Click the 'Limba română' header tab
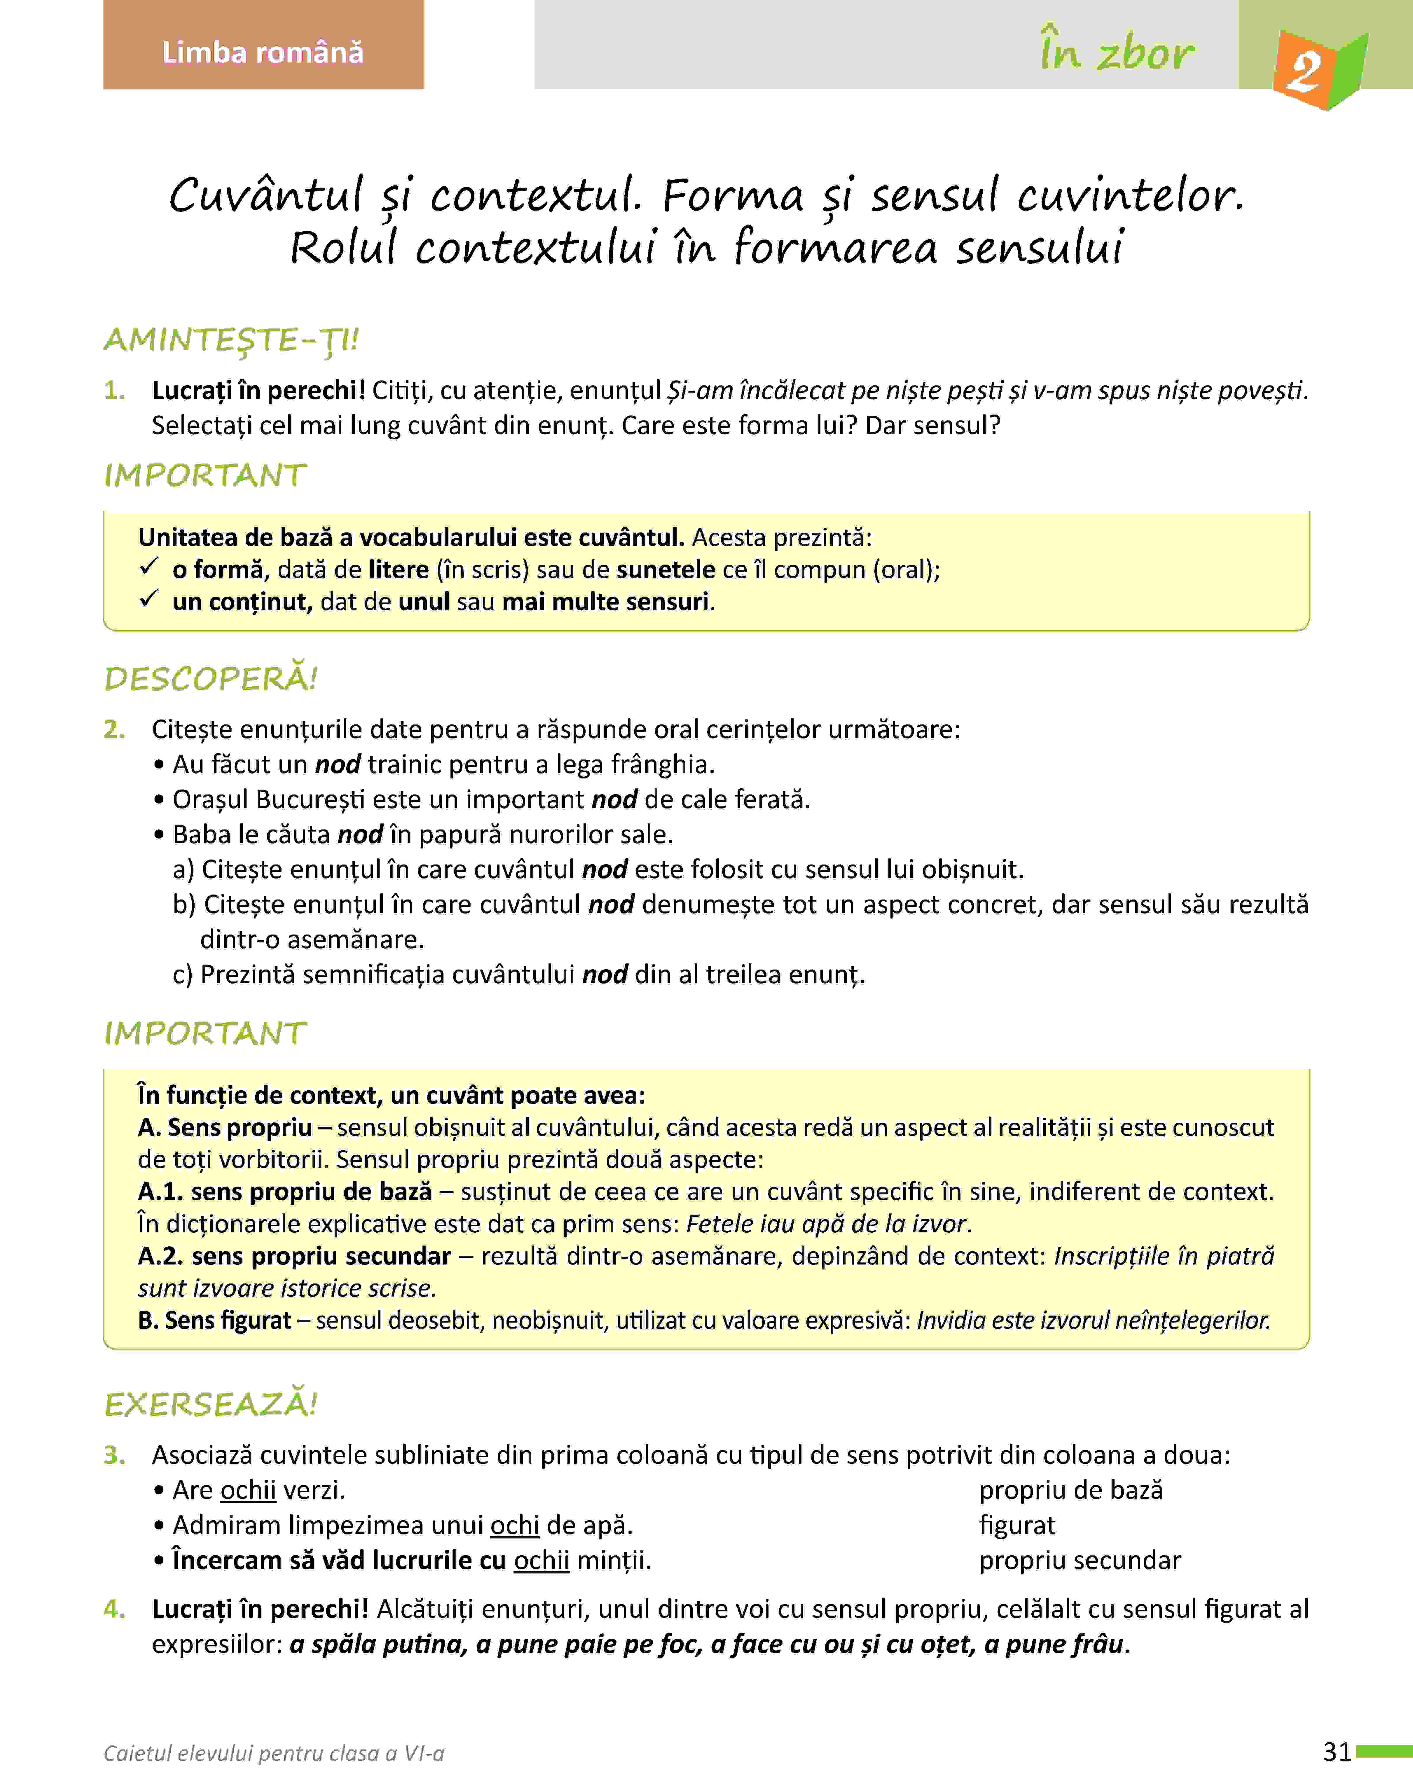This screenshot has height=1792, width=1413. tap(263, 52)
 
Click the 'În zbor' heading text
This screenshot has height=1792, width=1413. tap(1117, 52)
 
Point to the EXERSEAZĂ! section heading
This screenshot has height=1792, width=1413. tap(211, 1404)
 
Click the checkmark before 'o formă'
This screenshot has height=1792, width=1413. tap(149, 568)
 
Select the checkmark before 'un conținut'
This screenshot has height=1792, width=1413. tap(149, 600)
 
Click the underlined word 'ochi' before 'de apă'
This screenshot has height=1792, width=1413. tap(515, 1525)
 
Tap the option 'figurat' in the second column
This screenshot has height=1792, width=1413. tap(1017, 1525)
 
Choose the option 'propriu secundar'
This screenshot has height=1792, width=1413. tap(1080, 1560)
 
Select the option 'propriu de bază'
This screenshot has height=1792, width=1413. tap(1070, 1490)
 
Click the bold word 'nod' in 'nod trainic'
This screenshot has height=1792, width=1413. tap(338, 764)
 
